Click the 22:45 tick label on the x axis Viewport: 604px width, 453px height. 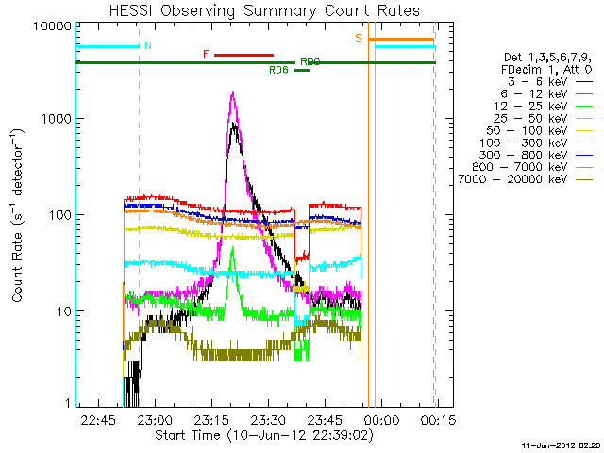point(98,418)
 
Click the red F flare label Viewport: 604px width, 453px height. point(206,55)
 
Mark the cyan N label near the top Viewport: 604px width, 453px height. point(148,45)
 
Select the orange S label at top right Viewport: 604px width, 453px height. point(359,38)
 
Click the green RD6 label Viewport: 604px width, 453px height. point(278,70)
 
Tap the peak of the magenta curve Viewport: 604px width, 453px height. point(232,92)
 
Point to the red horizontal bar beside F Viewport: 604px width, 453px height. point(243,55)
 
